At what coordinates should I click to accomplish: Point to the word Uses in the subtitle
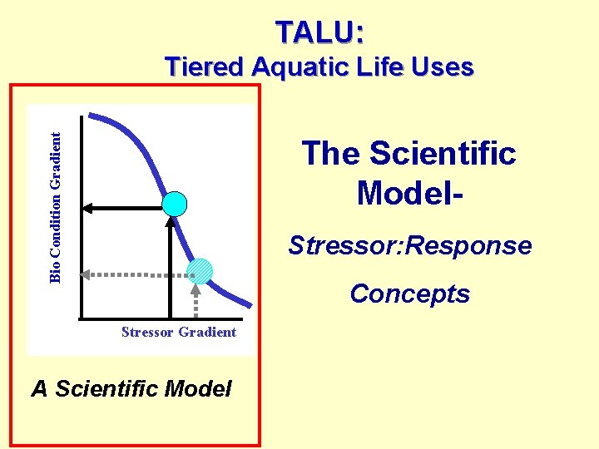tap(443, 67)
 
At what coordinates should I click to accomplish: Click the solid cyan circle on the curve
tap(175, 203)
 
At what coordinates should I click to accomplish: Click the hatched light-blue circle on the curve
tap(200, 273)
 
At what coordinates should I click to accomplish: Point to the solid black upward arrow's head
tap(171, 222)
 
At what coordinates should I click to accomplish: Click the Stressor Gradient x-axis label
tap(178, 333)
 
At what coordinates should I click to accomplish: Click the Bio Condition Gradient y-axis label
tap(56, 207)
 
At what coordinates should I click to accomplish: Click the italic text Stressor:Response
tap(409, 246)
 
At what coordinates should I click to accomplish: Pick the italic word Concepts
tap(409, 294)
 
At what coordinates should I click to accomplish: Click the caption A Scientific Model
tap(131, 388)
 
